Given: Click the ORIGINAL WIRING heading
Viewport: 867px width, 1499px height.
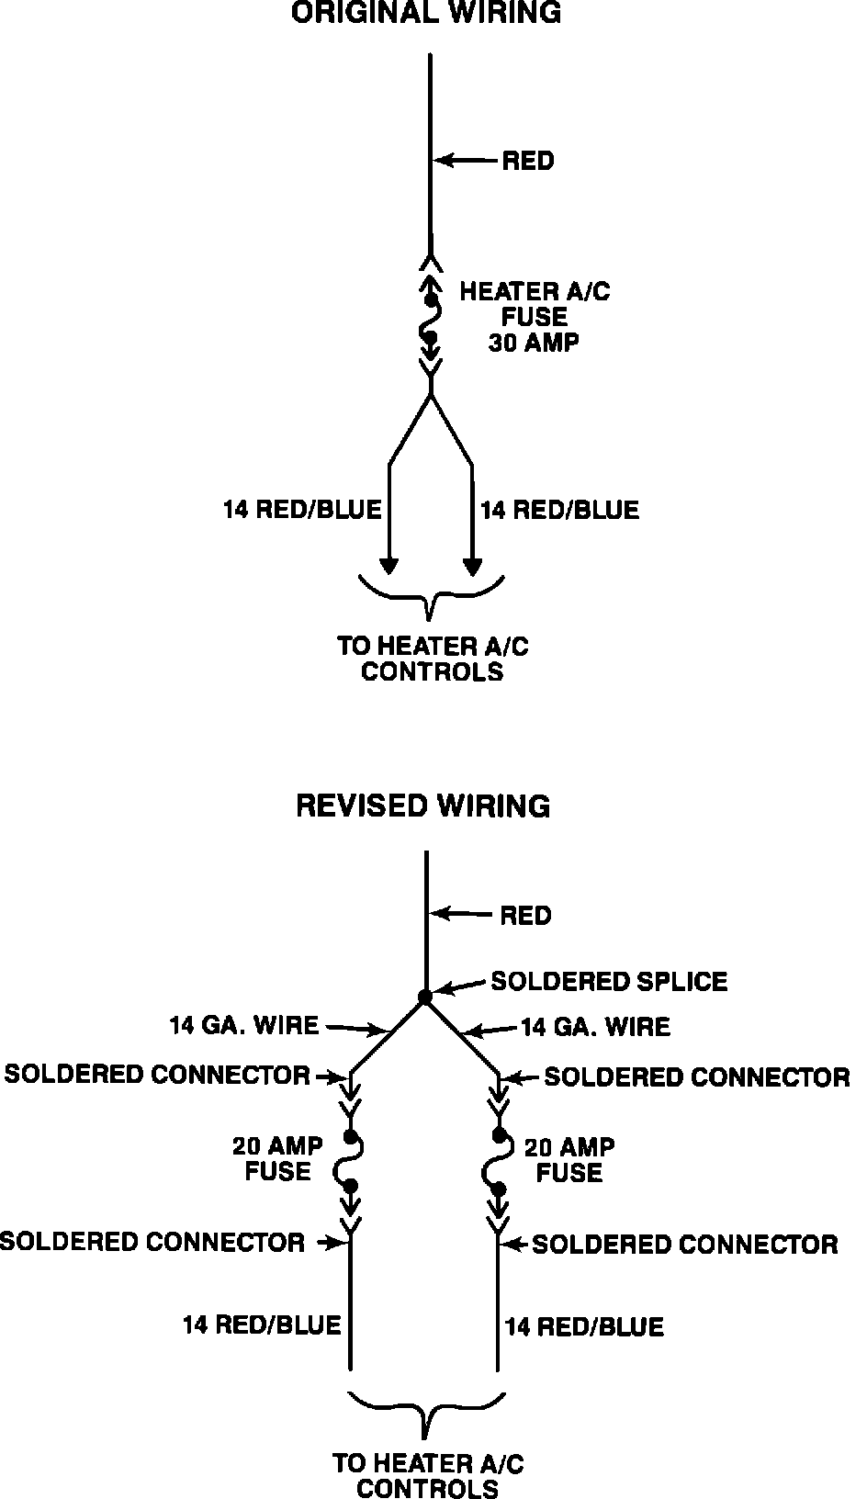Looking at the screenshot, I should coord(425,13).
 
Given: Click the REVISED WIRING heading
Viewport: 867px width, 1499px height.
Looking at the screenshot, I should coord(423,806).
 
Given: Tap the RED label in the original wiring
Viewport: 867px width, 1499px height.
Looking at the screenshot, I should coord(528,161).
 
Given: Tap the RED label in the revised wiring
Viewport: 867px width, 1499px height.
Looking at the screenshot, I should coord(525,915).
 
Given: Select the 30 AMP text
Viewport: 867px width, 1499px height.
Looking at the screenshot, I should coord(535,342).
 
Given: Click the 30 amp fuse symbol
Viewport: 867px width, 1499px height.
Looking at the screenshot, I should coord(430,318).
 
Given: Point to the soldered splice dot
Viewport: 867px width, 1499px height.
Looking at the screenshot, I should coord(424,996).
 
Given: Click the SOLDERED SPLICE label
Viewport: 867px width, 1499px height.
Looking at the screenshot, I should coord(609,981).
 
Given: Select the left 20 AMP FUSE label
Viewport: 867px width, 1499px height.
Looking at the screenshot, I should coord(277,1158).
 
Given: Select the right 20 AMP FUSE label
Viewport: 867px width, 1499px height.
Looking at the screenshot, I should coord(569,1159).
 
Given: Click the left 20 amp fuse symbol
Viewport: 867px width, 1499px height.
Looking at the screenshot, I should coord(350,1162).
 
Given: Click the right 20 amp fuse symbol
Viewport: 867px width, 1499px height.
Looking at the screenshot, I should coord(499,1162).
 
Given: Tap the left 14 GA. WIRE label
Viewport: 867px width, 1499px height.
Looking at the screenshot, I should coord(243,1024).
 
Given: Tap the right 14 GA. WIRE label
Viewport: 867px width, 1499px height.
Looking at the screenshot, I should coord(595,1026).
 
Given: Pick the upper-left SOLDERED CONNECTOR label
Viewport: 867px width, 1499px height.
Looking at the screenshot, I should coord(157,1074).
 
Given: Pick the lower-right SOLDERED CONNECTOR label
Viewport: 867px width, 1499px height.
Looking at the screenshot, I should coord(685,1245).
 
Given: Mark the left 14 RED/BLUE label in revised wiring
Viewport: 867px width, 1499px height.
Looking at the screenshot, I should coord(261,1324).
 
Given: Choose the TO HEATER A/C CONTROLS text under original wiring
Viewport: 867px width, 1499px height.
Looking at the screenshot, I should coord(432,659).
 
